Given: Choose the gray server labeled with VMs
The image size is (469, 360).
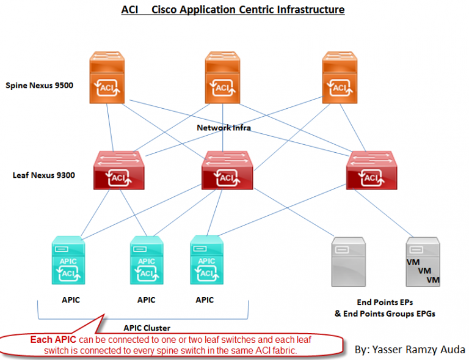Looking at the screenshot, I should pyautogui.click(x=423, y=262).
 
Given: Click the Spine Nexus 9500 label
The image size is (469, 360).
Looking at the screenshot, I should pyautogui.click(x=39, y=86).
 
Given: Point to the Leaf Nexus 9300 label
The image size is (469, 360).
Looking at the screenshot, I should pyautogui.click(x=44, y=175).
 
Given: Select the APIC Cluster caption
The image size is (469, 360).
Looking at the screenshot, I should pyautogui.click(x=147, y=328).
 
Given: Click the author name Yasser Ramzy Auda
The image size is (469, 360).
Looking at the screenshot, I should pyautogui.click(x=410, y=350).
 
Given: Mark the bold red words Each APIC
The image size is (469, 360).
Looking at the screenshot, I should pyautogui.click(x=52, y=339).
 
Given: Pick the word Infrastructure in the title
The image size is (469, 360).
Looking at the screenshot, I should pyautogui.click(x=312, y=10).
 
